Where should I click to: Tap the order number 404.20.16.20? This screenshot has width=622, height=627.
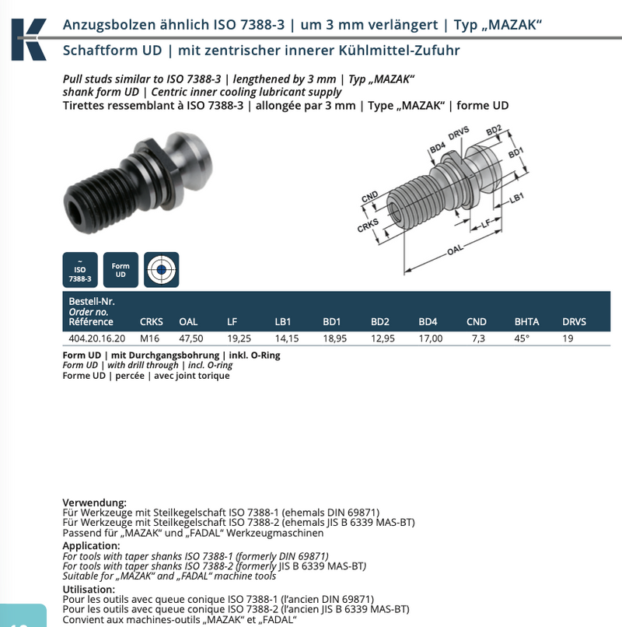pos(96,338)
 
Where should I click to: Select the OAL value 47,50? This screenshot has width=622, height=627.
pos(191,338)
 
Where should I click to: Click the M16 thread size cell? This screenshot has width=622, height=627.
pos(149,338)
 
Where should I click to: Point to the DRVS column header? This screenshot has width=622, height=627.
pos(574,321)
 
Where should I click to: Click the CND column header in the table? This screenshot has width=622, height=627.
pos(476,321)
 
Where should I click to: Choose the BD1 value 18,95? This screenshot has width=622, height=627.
pos(334,338)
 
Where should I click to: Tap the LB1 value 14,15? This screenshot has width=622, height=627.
pos(287,338)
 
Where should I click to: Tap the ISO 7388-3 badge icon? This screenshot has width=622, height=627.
pos(80,270)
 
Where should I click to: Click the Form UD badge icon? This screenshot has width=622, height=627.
pos(121,270)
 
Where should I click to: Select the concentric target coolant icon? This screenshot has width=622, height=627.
pos(161,270)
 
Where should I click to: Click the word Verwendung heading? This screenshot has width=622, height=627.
pos(94,502)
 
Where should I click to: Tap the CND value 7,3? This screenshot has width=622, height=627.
pos(476,338)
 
